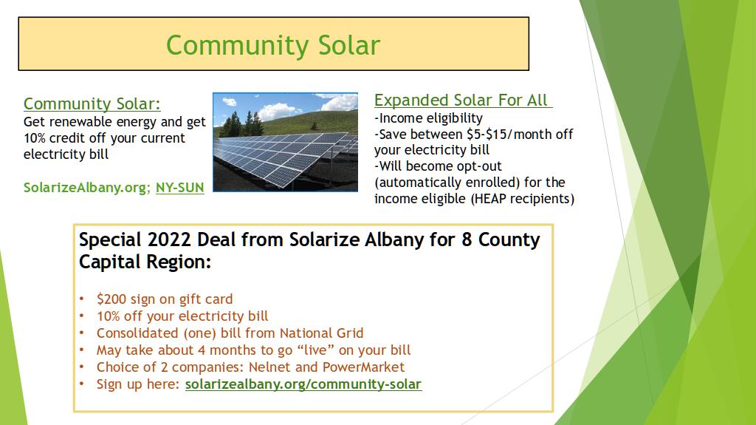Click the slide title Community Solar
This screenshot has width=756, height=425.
tap(273, 45)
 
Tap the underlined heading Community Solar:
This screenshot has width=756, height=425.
tap(92, 103)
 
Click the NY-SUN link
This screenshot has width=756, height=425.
tap(180, 188)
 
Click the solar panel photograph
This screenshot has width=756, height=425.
tap(286, 142)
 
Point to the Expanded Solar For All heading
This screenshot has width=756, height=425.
tap(463, 100)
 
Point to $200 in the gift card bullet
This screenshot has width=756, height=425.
tap(111, 299)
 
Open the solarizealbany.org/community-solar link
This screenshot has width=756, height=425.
tap(303, 384)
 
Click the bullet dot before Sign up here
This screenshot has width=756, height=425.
tap(82, 384)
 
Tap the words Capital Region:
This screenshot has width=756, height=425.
tap(145, 262)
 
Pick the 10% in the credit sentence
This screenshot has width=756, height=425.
tap(35, 138)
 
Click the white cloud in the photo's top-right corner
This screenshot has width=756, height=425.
tap(340, 102)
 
